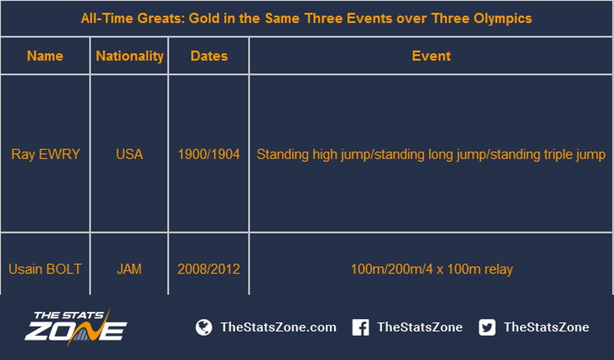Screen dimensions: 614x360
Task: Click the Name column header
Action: point(45,56)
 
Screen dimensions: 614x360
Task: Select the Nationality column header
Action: point(129,56)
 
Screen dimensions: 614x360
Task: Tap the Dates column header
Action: point(209,56)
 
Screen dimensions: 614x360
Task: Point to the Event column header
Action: point(431,56)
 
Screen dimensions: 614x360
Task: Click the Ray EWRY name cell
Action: point(45,154)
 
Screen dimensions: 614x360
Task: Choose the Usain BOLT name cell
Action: point(45,269)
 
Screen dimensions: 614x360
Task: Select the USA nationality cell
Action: point(129,154)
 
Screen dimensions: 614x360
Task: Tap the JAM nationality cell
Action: point(129,269)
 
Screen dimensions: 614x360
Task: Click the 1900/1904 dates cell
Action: point(209,154)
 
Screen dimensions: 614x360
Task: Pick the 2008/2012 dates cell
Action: point(208,269)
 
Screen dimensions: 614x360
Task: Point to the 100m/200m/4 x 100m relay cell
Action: point(432,269)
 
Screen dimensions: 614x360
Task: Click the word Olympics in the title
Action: point(503,18)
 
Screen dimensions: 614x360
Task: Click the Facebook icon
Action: point(361,327)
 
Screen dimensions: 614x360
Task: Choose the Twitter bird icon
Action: point(487,327)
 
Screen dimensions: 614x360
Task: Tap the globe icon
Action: point(203,327)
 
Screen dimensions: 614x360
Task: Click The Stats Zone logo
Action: point(76,327)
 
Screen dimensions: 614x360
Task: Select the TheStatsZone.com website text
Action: point(278,327)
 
